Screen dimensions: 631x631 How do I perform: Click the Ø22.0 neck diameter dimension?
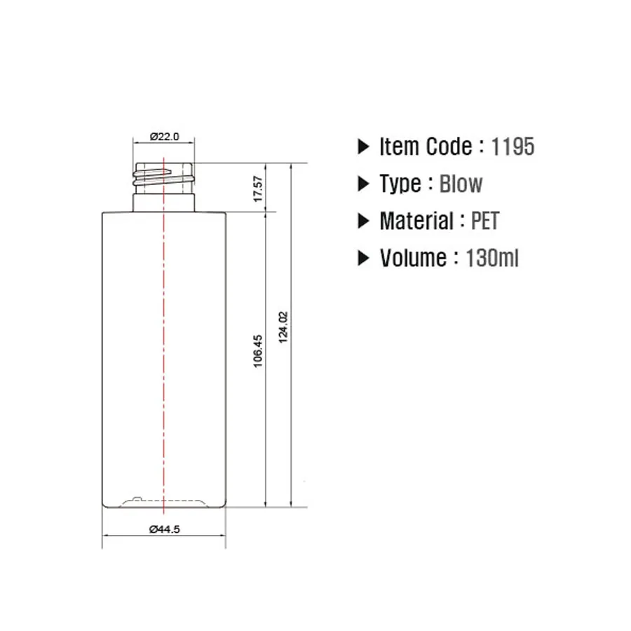click(x=164, y=137)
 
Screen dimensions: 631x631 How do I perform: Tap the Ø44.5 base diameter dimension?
click(x=165, y=530)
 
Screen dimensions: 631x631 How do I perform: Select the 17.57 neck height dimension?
click(x=258, y=189)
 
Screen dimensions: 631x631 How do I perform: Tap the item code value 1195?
click(x=513, y=147)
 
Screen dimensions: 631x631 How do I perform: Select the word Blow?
click(x=461, y=184)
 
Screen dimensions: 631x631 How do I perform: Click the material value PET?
click(x=484, y=221)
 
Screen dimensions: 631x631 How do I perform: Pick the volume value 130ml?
click(x=492, y=258)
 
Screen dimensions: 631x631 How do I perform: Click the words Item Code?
click(x=426, y=147)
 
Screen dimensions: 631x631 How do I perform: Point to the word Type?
click(x=400, y=184)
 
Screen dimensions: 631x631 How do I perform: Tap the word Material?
click(x=416, y=221)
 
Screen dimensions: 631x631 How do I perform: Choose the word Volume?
click(x=412, y=258)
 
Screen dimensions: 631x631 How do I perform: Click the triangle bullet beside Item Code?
click(x=363, y=147)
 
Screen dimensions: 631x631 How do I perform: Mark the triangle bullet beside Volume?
click(x=363, y=258)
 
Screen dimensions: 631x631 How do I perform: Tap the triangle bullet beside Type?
click(x=363, y=184)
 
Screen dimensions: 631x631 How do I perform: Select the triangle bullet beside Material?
click(x=363, y=221)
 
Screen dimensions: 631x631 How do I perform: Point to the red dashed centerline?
click(x=164, y=337)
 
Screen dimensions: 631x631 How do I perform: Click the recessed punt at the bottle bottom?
click(x=164, y=502)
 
